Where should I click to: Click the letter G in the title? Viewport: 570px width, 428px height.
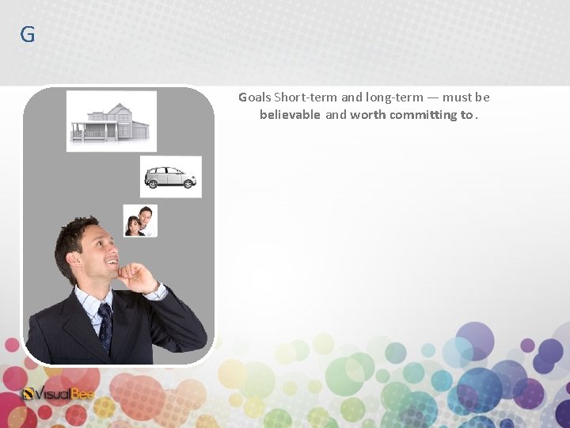(28, 35)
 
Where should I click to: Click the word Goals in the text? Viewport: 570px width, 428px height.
(255, 97)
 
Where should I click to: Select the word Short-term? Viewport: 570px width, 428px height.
(306, 97)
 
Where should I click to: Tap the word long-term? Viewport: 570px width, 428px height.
(394, 97)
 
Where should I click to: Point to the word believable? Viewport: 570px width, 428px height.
(290, 115)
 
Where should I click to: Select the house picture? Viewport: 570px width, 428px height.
(111, 120)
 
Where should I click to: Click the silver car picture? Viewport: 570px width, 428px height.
(170, 177)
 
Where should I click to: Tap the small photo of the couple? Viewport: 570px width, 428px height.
(140, 220)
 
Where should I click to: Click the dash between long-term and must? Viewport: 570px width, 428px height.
(432, 97)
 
